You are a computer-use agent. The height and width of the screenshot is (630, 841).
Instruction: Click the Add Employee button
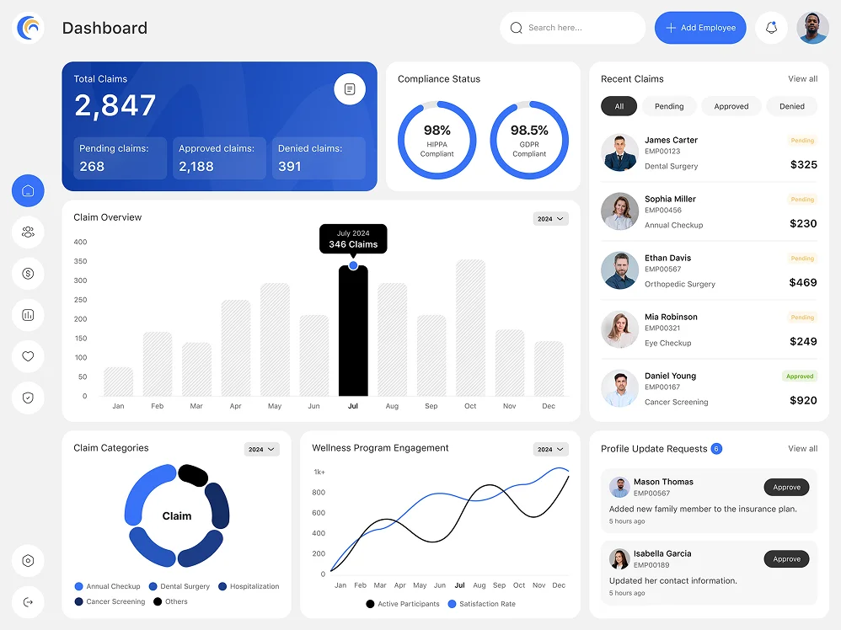tap(700, 28)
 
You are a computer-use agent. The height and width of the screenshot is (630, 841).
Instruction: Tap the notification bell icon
tap(771, 28)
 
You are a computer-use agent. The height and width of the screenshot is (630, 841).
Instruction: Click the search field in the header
tap(572, 28)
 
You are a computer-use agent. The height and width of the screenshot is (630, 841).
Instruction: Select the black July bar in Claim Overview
tap(353, 332)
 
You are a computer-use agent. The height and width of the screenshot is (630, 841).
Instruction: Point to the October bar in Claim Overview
tap(470, 328)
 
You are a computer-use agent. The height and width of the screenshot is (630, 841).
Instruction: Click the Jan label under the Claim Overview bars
tap(118, 406)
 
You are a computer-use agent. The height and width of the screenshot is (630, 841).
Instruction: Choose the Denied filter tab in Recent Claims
tap(792, 106)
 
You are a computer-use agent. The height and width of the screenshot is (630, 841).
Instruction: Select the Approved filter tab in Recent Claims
tap(731, 106)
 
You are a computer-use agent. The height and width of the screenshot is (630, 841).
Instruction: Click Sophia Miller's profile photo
tap(619, 211)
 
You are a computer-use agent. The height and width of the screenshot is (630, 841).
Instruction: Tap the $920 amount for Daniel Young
tap(803, 400)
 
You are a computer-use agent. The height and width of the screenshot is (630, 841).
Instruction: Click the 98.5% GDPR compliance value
tap(529, 131)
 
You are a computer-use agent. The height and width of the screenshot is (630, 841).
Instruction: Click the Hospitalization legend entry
tap(249, 586)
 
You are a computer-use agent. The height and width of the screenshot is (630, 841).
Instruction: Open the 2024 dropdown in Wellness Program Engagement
tap(550, 449)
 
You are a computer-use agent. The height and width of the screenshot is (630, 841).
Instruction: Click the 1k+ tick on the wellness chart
tap(319, 472)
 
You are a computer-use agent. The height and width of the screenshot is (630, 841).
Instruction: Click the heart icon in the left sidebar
tap(28, 356)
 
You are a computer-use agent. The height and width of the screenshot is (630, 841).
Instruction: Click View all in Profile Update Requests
tap(802, 448)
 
